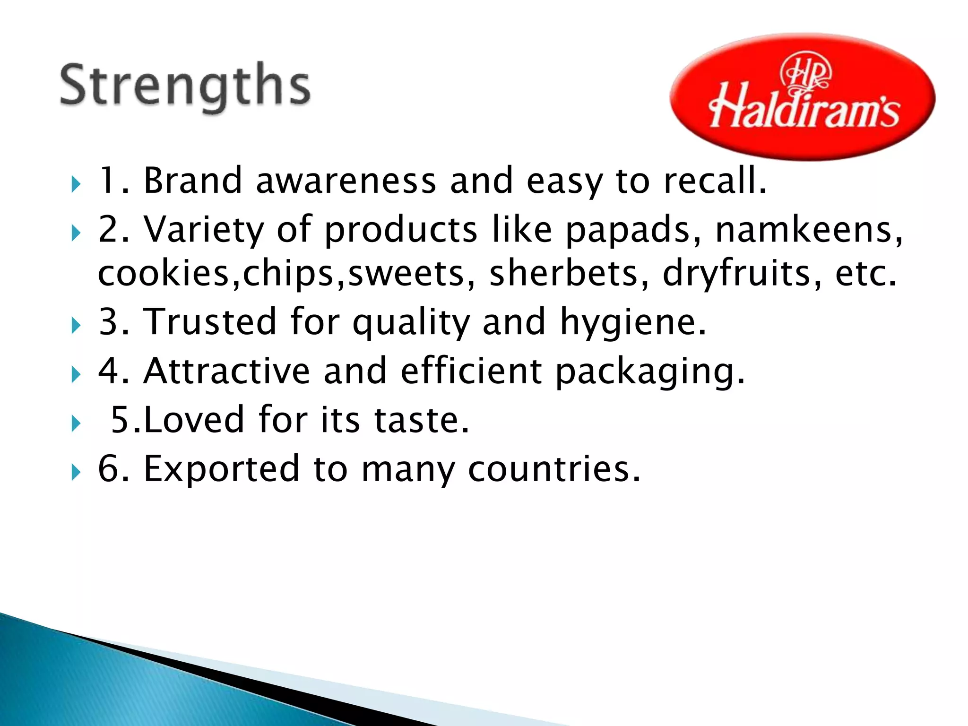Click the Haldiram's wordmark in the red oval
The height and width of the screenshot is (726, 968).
[x=804, y=110]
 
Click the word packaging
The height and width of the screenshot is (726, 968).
[x=649, y=372]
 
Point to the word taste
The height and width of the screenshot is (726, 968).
[x=421, y=420]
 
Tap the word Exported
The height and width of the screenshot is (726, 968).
[x=221, y=469]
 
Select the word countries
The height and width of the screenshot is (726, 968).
[x=554, y=469]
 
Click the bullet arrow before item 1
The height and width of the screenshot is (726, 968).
[x=76, y=184]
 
